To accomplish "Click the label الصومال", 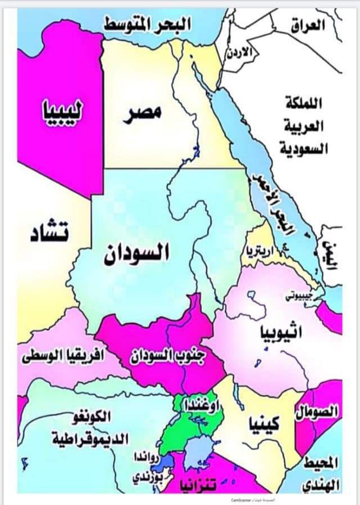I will click(x=317, y=412).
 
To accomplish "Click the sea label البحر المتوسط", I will click(x=147, y=24).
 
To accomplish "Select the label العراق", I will click(x=309, y=25).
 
